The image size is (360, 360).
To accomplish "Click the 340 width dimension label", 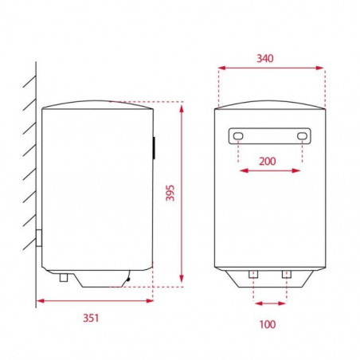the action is click(264, 58).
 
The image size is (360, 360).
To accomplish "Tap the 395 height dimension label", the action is click(170, 193).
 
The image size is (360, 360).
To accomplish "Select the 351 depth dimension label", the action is click(91, 318).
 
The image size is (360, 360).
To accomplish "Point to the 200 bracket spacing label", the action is click(268, 161).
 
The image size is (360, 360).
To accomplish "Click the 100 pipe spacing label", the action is click(268, 324).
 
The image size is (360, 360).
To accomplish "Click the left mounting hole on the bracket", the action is click(238, 136).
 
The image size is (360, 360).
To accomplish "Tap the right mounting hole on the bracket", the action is click(302, 136).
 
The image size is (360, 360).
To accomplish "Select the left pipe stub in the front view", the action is click(253, 274).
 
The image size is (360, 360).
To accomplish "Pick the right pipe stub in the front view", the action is click(287, 274).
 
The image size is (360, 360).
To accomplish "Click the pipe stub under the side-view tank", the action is click(64, 277).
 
